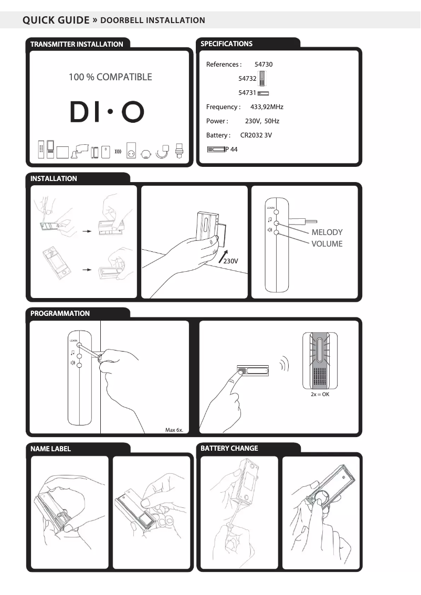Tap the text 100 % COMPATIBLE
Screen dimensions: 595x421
click(110, 77)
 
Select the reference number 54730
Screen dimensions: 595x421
click(264, 65)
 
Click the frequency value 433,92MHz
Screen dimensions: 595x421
click(267, 107)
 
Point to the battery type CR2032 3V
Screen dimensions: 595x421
click(256, 135)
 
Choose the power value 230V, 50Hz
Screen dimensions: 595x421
click(262, 121)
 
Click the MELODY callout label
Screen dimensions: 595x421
click(327, 232)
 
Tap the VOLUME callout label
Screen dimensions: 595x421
click(327, 244)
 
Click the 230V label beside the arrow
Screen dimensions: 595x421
click(231, 261)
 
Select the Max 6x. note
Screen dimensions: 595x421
click(174, 430)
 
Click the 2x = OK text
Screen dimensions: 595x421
click(320, 394)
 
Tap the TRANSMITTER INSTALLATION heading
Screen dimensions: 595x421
click(77, 44)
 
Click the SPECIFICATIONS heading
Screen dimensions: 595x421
click(226, 44)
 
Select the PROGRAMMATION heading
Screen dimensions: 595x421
click(60, 314)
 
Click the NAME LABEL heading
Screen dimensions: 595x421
click(50, 449)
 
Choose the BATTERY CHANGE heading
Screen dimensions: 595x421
click(229, 449)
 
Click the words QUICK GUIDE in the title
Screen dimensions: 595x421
click(56, 20)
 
